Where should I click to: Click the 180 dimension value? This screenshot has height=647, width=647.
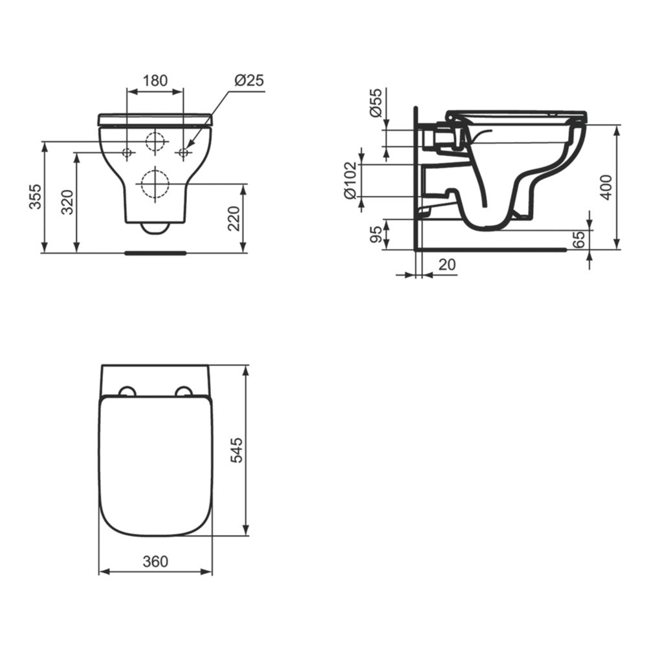(155, 80)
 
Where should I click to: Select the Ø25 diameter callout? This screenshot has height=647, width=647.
(249, 80)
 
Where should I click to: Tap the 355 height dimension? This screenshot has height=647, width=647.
(36, 197)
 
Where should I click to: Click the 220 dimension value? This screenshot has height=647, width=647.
(234, 219)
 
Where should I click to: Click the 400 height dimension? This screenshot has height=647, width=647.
(606, 188)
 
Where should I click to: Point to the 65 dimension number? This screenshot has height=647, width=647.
(580, 239)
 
